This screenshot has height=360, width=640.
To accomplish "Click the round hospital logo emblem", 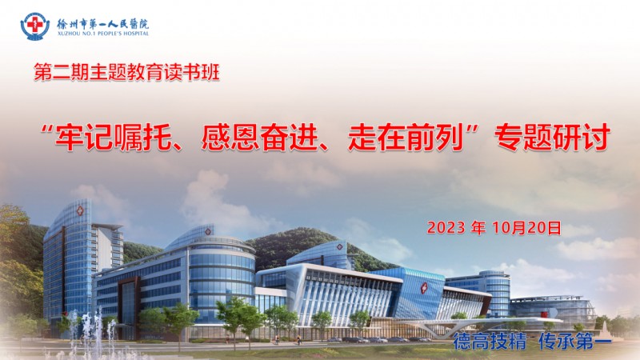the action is click(x=35, y=26).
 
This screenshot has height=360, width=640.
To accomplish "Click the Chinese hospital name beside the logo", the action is click(x=103, y=24).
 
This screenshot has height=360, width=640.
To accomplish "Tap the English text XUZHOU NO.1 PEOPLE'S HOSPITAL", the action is click(x=103, y=34).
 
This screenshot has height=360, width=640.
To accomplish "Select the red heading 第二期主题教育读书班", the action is click(x=126, y=72).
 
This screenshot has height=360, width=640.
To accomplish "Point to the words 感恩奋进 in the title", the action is click(x=259, y=138).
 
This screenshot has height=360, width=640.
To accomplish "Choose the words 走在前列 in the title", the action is click(x=406, y=138).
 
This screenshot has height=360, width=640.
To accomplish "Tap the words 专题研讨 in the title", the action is click(x=552, y=138).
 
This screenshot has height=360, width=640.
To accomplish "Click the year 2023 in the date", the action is click(x=446, y=228).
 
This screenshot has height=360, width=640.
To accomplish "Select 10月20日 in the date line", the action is click(x=527, y=228).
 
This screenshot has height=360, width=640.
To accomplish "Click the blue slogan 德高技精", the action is click(x=490, y=342).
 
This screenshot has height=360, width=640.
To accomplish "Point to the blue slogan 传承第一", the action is click(x=575, y=342).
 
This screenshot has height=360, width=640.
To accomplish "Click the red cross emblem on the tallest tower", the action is click(x=80, y=211).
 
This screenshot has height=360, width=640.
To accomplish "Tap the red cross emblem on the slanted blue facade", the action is click(x=424, y=288).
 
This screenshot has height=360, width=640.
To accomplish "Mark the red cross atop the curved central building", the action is click(x=208, y=232).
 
